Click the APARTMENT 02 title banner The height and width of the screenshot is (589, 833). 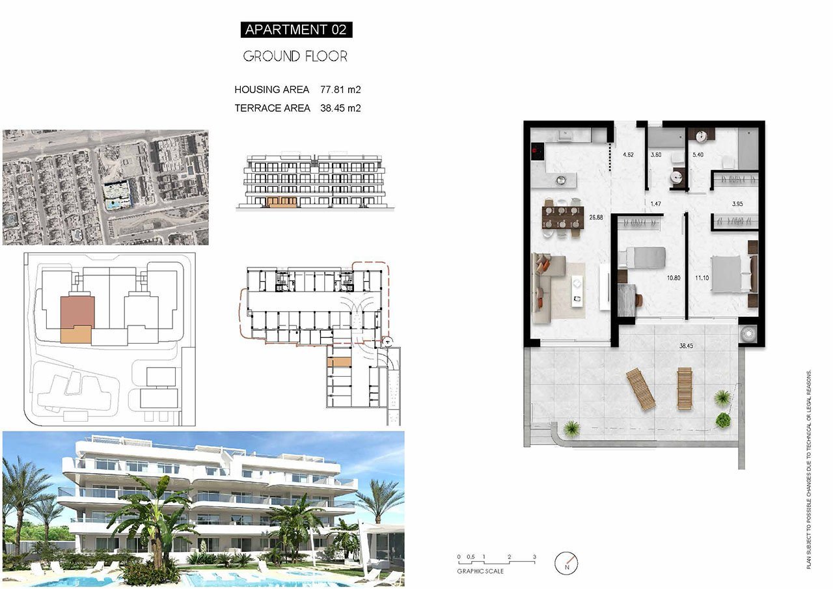coord(296,30)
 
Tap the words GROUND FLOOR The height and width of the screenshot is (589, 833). coord(295,57)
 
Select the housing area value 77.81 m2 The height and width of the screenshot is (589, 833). coord(340,90)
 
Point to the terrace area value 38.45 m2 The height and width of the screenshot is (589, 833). coord(340,108)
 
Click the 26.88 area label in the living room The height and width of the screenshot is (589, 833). coord(595,217)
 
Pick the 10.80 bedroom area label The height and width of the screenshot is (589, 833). coord(674,278)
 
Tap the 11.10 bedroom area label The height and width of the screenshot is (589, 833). coord(702,278)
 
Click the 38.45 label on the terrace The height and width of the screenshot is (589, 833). coord(686,346)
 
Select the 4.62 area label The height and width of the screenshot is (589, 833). coord(628,155)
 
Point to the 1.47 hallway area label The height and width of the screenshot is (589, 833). coord(655,204)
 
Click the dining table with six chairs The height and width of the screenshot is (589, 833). coord(562,217)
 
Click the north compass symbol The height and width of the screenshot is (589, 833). coord(566,564)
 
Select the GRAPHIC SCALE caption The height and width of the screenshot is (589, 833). coord(480,571)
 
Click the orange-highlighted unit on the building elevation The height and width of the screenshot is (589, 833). coord(282,202)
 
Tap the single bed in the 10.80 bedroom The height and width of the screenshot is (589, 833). coord(642,257)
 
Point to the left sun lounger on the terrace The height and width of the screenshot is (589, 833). coord(640,389)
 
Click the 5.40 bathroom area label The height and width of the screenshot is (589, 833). coord(698,155)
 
